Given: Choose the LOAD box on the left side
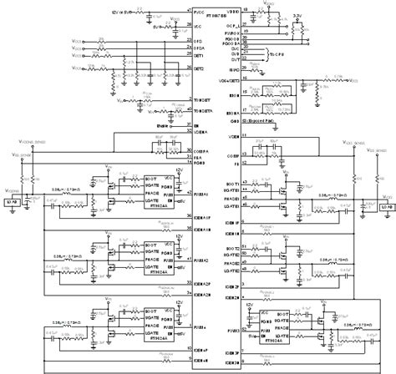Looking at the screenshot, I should click(x=11, y=202).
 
